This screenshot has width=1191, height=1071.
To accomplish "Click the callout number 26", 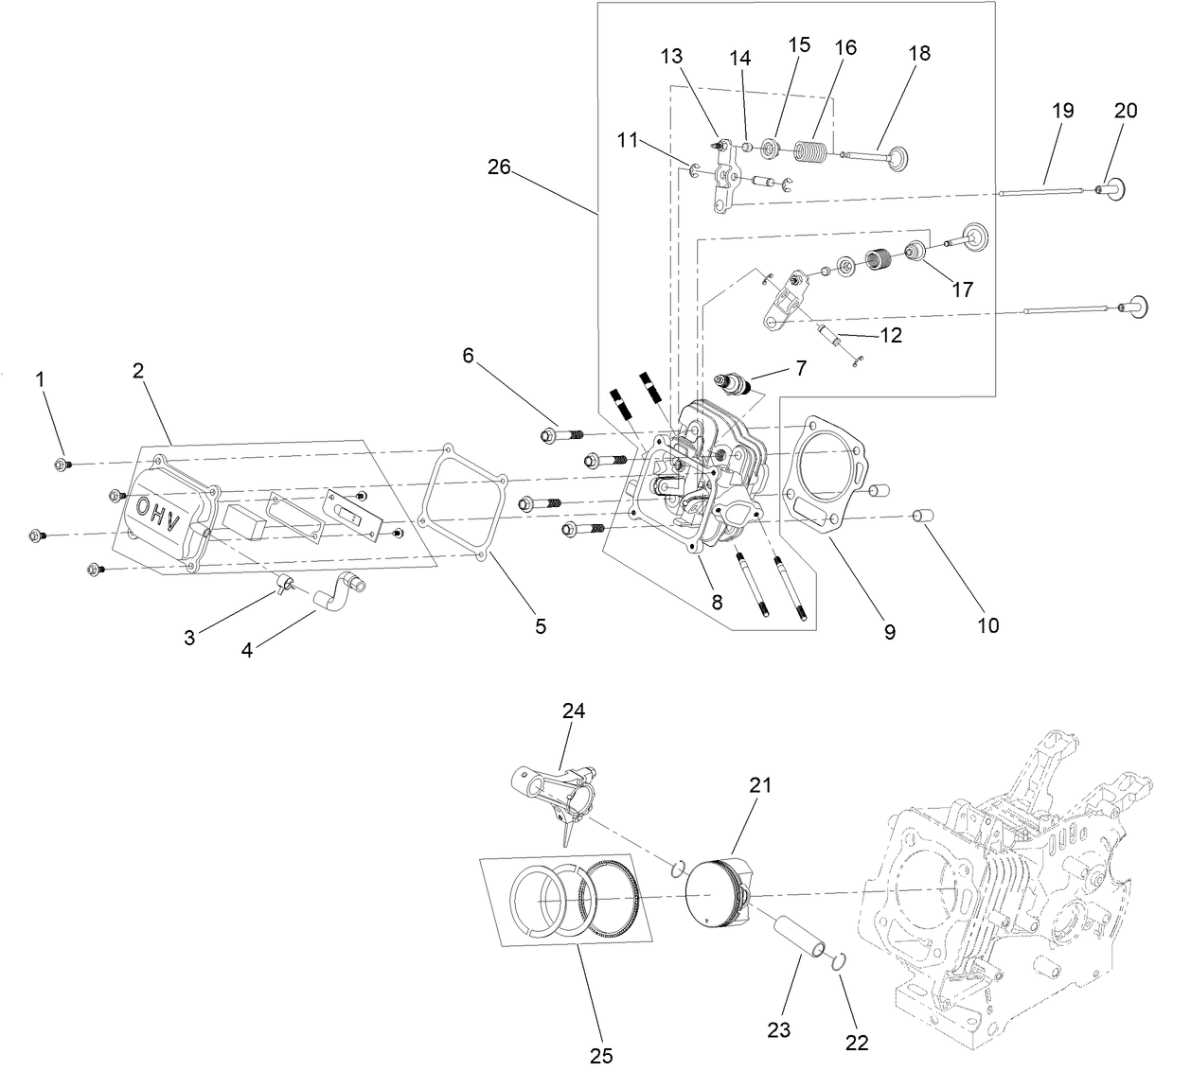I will (x=499, y=167).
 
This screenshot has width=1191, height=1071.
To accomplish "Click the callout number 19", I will (x=1062, y=111).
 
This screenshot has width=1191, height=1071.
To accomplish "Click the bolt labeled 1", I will (x=61, y=465).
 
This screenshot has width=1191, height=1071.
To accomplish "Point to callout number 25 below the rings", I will (x=601, y=1055).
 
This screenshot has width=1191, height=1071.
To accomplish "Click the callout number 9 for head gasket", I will (x=889, y=633).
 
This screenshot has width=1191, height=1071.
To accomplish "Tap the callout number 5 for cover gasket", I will (x=541, y=625).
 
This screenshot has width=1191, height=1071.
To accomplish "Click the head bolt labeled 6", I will (x=557, y=436).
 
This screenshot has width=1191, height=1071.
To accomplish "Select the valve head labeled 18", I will (x=896, y=158).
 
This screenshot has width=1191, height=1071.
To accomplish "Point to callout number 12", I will (x=890, y=335).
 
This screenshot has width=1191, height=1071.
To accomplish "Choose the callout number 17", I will (x=962, y=290).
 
